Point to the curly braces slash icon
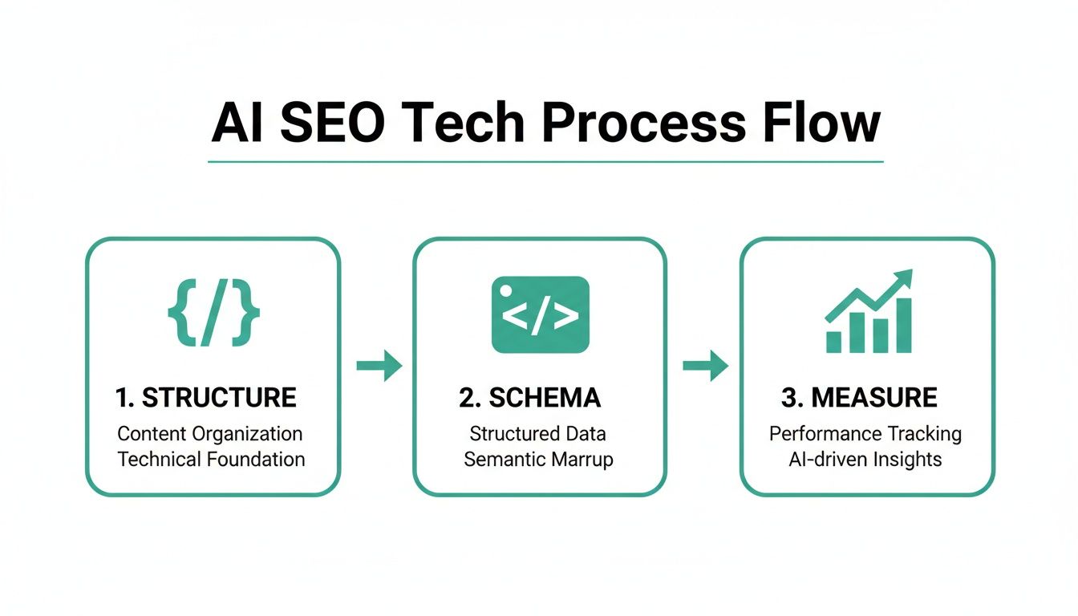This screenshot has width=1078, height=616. [213, 313]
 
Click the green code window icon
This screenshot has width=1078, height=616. [540, 314]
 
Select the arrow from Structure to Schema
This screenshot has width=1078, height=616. [379, 366]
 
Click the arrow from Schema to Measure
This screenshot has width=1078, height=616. [705, 366]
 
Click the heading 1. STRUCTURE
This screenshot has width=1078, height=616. [206, 397]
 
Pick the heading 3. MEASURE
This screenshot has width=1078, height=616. [859, 397]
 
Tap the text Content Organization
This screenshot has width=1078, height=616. [210, 434]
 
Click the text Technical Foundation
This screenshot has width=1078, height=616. [212, 460]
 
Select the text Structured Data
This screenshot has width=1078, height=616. [538, 434]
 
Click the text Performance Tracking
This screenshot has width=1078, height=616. [865, 434]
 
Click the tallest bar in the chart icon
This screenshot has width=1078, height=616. [903, 326]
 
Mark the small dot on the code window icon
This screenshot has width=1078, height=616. [505, 290]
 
